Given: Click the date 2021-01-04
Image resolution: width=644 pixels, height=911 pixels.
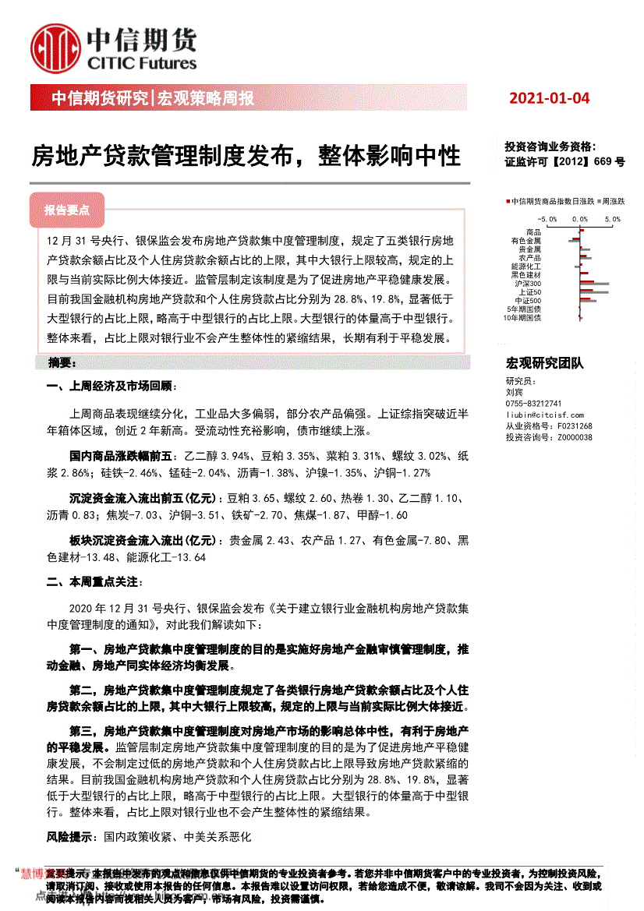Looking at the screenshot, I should (x=550, y=98).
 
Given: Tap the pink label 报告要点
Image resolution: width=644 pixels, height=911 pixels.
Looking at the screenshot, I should (x=67, y=210).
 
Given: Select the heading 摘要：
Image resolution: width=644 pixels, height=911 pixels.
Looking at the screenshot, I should (x=62, y=363).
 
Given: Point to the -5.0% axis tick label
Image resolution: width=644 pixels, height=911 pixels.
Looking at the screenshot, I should (x=548, y=220).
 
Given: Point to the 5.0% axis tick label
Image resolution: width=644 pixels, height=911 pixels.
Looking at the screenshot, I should (x=612, y=220).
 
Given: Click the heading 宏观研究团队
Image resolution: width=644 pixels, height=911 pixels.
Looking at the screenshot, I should (x=544, y=363).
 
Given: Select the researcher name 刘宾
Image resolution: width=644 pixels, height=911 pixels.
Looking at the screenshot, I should (x=515, y=393).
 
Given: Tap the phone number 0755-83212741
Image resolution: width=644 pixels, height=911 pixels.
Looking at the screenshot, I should (x=533, y=404).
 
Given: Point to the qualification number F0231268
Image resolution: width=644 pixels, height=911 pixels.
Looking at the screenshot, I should (x=575, y=426).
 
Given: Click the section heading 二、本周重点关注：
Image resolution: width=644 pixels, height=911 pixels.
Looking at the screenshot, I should (x=102, y=581).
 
